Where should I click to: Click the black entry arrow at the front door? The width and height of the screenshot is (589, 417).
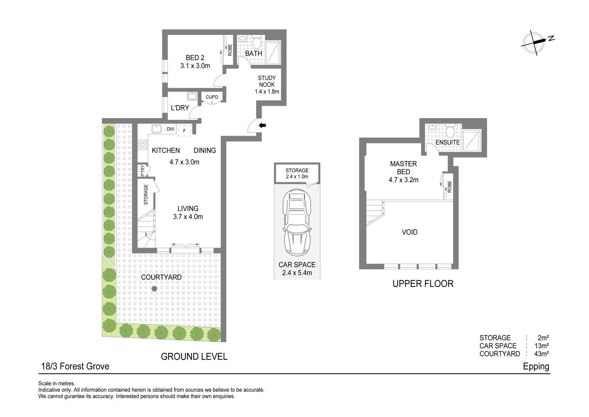coord(263,125)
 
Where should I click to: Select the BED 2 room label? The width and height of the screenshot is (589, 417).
coord(195,58)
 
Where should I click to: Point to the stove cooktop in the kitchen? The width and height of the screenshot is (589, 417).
coord(143,145)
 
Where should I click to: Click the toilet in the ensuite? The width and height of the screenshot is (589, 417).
coord(449,131)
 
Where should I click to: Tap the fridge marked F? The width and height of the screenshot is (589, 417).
coord(184,131)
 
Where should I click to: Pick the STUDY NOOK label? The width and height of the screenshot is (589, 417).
coord(267,81)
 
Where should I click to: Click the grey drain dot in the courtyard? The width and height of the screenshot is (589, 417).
coord(154,288)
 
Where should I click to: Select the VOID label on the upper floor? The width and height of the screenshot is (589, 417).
coord(410,232)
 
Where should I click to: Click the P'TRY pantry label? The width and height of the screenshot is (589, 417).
coord(143,171)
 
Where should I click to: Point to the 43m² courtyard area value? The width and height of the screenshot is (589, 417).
coord(542,354)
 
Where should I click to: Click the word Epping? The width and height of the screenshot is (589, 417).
coord(536,366)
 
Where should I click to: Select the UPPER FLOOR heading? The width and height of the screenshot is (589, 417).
coord(423,284)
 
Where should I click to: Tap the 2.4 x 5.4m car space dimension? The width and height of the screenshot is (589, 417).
coord(297,273)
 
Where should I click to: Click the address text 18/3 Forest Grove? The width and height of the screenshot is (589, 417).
coord(75,366)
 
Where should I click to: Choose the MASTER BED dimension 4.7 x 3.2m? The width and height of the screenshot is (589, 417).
coord(403,180)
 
